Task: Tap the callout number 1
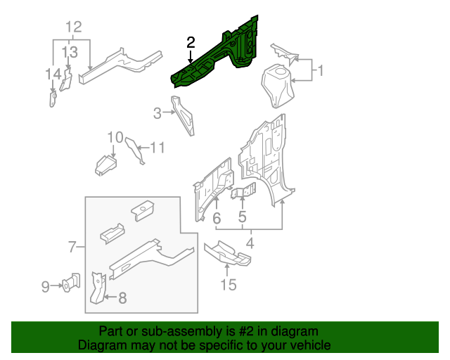tap(320, 70)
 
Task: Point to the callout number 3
tap(157, 111)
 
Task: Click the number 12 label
tap(74, 27)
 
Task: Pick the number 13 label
tap(70, 52)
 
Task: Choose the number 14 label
tap(53, 75)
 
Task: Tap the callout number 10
tap(115, 136)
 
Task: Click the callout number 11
tap(157, 148)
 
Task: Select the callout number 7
tap(72, 247)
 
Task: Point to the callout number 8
tap(122, 298)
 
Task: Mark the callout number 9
tap(45, 286)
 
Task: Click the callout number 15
tap(228, 285)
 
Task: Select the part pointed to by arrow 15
tap(227, 253)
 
